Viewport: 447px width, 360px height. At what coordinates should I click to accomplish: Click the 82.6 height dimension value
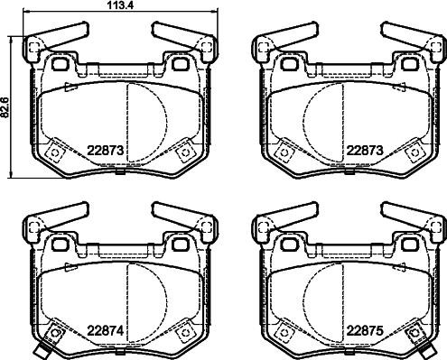click(x=6, y=106)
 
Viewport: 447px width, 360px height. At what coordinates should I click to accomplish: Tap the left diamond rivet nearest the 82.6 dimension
click(x=55, y=152)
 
